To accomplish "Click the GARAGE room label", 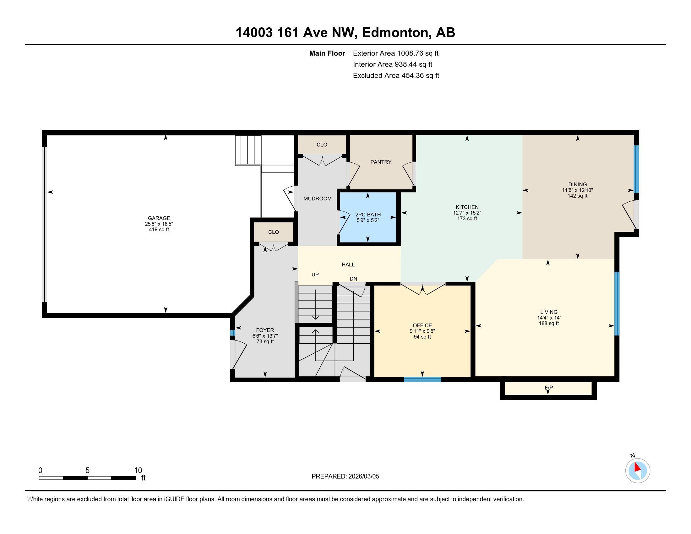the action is (159, 218).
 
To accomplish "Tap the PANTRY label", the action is (381, 162).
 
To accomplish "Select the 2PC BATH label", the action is (368, 215).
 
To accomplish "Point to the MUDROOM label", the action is (318, 199).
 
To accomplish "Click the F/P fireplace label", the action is (549, 388).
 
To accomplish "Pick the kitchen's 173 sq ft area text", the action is (467, 219).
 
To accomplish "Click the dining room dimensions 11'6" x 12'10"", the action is (577, 190).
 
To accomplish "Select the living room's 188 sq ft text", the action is (549, 323).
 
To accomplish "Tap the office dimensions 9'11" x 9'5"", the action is (422, 331).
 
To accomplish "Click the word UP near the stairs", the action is (315, 275).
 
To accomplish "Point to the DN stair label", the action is (353, 279).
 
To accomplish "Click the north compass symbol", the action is (638, 471).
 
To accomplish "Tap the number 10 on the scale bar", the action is (138, 471).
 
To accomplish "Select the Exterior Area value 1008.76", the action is (410, 53).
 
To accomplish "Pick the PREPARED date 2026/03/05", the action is (363, 477).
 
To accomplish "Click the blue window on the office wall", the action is (422, 379).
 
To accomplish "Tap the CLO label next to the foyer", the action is (274, 232).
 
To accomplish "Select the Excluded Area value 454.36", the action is (413, 76).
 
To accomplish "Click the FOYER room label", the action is (265, 330).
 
